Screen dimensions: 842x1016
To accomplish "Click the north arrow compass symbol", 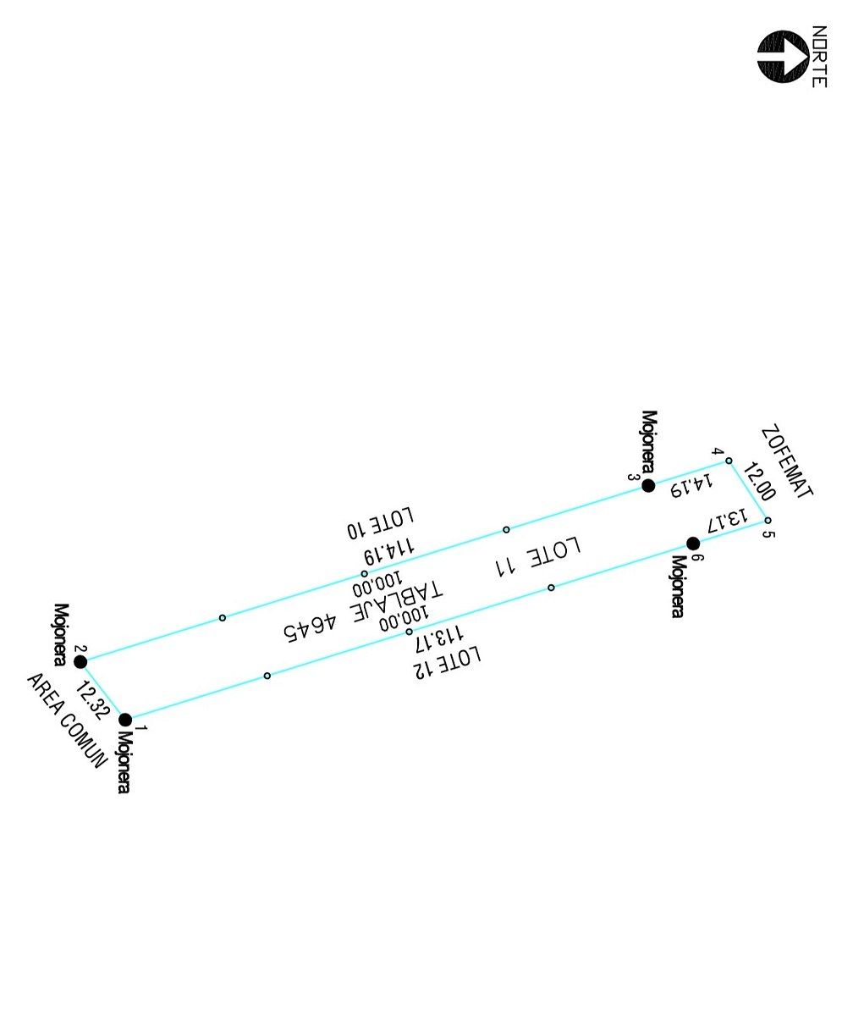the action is pyautogui.click(x=783, y=57).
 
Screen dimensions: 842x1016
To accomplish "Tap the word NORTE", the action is pyautogui.click(x=819, y=57).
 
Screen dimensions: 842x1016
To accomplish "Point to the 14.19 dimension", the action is pyautogui.click(x=691, y=486).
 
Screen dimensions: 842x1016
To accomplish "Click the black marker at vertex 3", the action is pyautogui.click(x=648, y=486).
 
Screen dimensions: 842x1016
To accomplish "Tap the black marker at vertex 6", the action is pyautogui.click(x=693, y=544).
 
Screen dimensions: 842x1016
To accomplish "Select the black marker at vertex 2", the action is pyautogui.click(x=80, y=662).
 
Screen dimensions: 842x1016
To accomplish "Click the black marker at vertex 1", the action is pyautogui.click(x=125, y=719).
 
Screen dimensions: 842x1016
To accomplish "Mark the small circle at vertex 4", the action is pyautogui.click(x=729, y=461).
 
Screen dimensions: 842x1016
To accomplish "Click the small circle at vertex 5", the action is pyautogui.click(x=768, y=520).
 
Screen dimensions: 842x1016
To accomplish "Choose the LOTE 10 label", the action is pyautogui.click(x=381, y=523).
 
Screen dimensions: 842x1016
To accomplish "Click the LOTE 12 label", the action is pyautogui.click(x=448, y=662).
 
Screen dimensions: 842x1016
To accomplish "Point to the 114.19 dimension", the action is pyautogui.click(x=389, y=551).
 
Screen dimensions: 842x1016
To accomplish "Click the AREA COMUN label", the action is pyautogui.click(x=66, y=721).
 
